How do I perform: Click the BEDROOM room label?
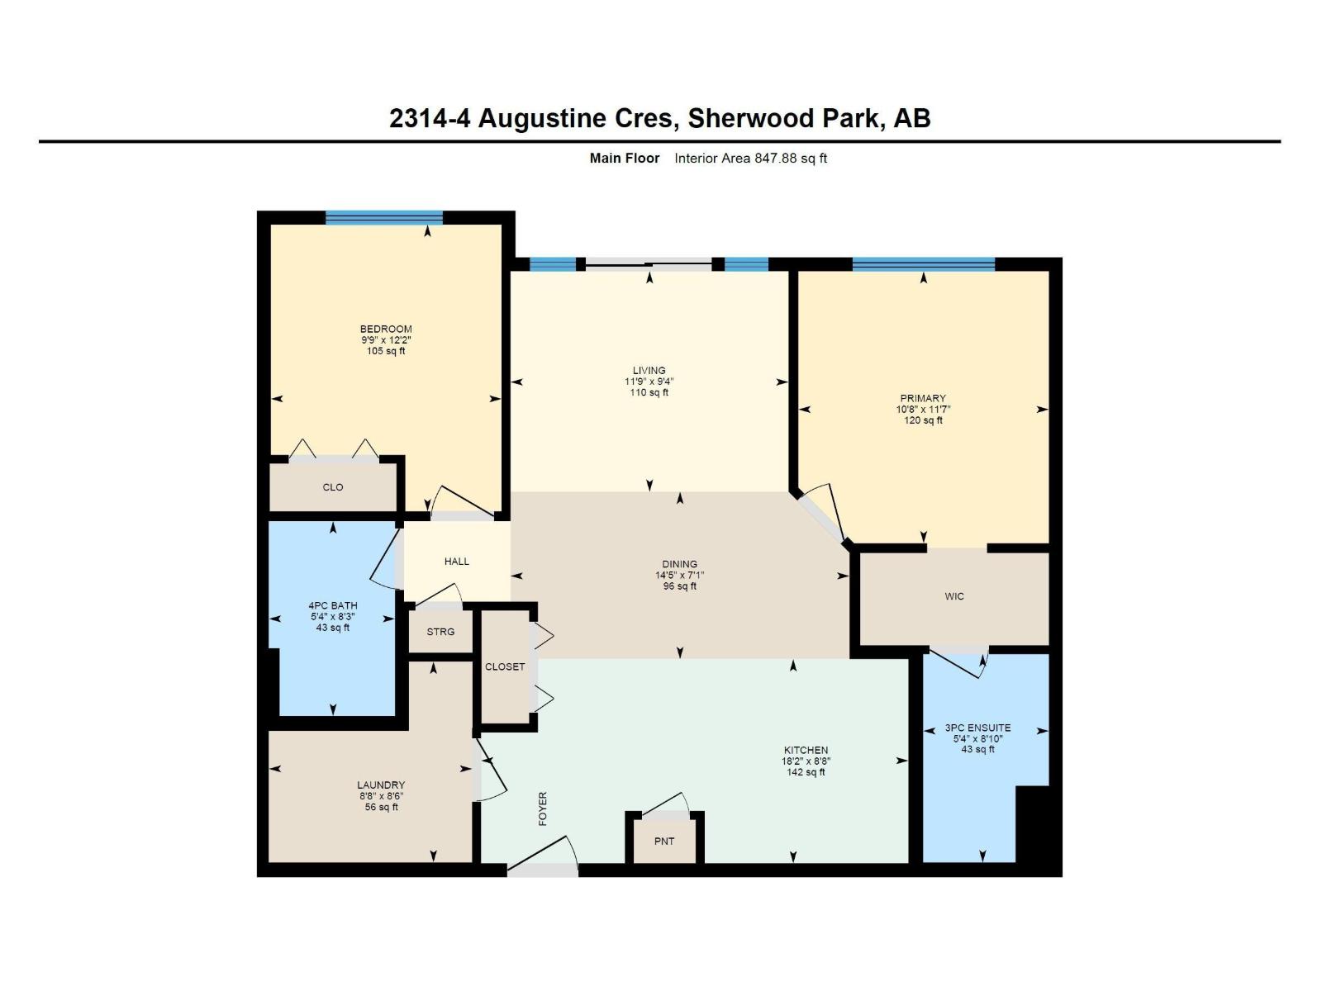386,329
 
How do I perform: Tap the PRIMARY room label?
923,398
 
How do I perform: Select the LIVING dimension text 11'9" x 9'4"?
649,382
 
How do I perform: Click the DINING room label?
679,564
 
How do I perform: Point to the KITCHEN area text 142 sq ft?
805,772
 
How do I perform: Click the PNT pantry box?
664,841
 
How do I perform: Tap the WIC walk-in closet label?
954,596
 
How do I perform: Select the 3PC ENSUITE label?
977,728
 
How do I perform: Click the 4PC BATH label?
333,605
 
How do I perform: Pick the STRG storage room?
440,632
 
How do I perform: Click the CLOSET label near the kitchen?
505,666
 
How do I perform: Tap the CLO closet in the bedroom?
333,487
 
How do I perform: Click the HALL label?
457,562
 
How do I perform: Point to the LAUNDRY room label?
381,785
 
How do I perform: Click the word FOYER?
543,808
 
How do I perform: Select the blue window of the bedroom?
384,218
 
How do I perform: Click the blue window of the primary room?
923,264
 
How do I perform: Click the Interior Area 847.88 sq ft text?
750,158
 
